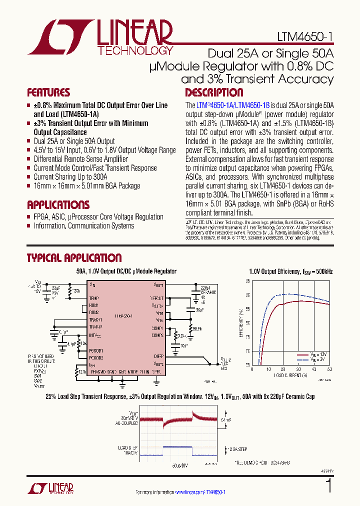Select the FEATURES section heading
coord(48,92)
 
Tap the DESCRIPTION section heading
coord(214,92)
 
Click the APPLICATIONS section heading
coord(58,205)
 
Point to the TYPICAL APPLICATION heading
coord(73,258)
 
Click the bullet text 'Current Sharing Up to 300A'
coord(70,177)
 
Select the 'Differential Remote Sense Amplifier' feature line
coord(80,159)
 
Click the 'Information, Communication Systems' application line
coord(83,226)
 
